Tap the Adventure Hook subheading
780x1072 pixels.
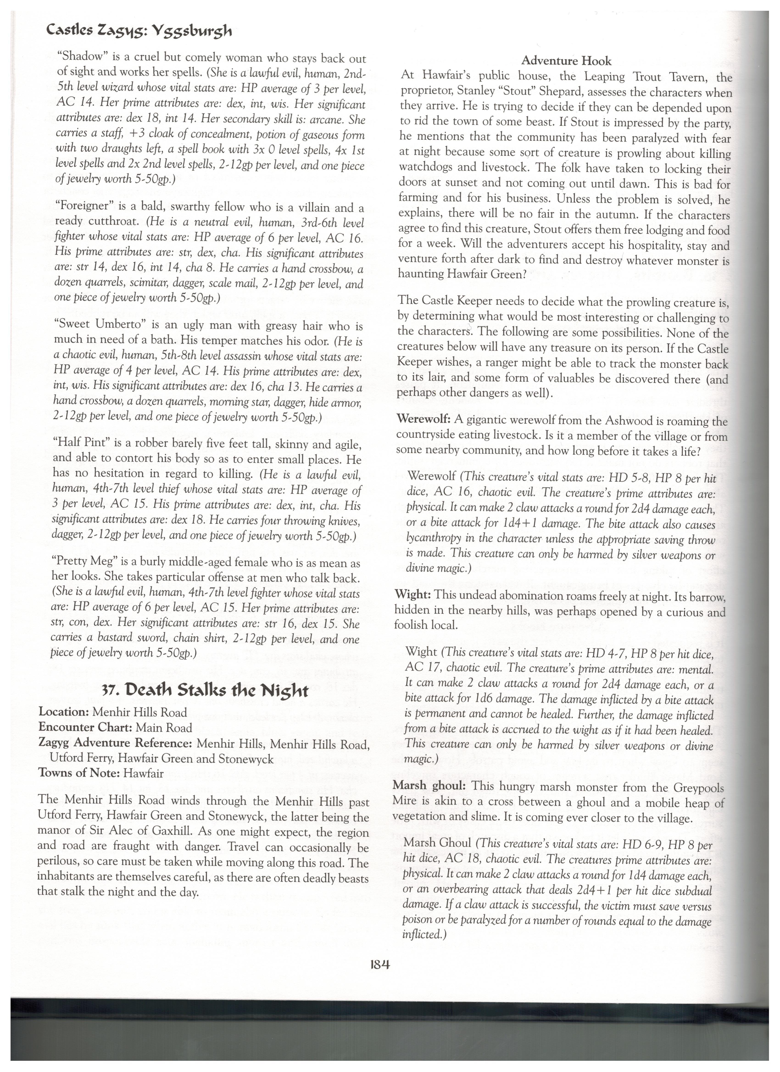[566, 61]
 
